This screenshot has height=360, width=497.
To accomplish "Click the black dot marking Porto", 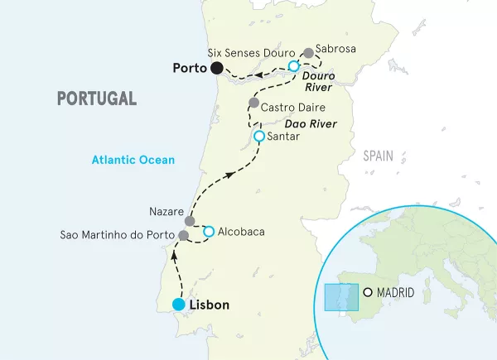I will point(217,68).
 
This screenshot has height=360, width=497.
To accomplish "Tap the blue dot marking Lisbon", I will point(178,305).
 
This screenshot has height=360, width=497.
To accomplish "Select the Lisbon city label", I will point(210,305).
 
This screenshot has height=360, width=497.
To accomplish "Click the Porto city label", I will point(188,68).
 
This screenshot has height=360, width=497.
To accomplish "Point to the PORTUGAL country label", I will point(96,98).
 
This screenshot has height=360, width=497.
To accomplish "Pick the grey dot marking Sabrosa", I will point(309,53).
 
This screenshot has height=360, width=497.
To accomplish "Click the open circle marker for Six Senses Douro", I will point(293,65).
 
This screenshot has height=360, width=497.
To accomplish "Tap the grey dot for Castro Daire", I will point(253,103).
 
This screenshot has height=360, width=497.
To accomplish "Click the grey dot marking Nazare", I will point(190,221).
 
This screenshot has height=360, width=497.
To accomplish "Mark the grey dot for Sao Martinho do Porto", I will point(183,236).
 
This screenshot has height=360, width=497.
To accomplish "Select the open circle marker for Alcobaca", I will point(209,231).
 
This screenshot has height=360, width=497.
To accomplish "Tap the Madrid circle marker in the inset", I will point(368,292).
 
